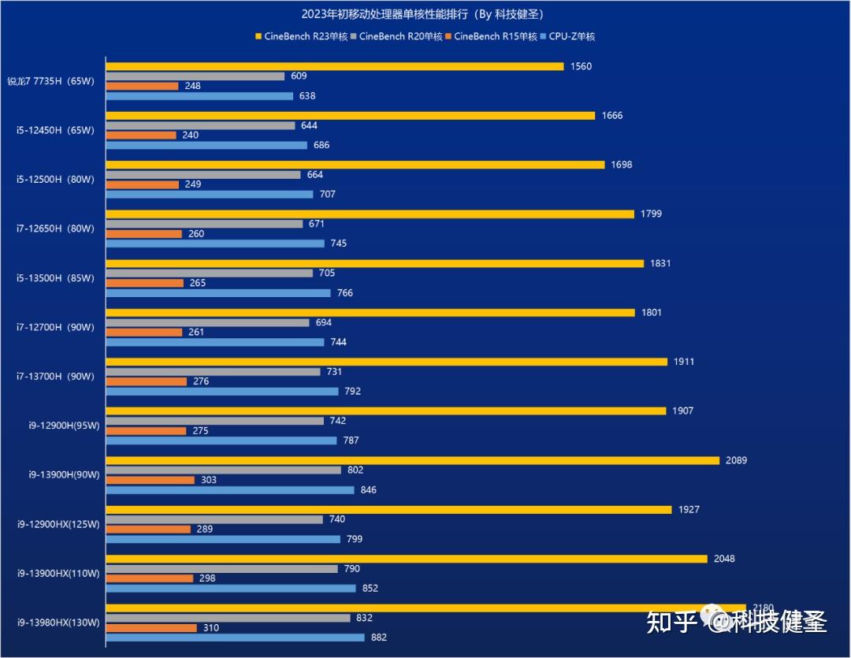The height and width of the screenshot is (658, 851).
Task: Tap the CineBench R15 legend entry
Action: (495, 36)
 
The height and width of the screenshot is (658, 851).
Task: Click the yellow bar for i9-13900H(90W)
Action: (412, 460)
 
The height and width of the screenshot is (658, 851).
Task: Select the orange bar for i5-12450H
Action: (141, 136)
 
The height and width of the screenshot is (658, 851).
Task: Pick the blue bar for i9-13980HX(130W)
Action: (235, 638)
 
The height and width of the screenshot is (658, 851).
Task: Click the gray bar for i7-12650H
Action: (204, 224)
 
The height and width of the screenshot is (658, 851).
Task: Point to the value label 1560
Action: (581, 66)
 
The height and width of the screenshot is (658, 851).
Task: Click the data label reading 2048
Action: (723, 559)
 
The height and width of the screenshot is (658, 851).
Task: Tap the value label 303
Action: (209, 480)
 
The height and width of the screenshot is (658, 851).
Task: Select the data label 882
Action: (379, 638)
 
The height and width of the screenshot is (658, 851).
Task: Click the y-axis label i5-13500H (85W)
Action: (55, 278)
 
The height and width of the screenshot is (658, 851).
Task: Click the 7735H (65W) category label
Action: (50, 81)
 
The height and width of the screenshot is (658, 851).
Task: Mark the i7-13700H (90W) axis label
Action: (55, 377)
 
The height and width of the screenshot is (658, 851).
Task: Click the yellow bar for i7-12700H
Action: (370, 313)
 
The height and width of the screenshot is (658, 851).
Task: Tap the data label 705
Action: (327, 273)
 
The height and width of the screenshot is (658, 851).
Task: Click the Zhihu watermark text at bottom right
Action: (736, 623)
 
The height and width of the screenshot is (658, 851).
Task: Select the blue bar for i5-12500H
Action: (210, 195)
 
